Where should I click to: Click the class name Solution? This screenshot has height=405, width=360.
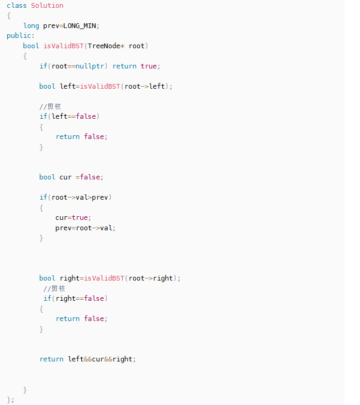(47, 6)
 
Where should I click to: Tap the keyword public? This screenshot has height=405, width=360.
(19, 35)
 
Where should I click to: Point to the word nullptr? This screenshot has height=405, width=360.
(92, 66)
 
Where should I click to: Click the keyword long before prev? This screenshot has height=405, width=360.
(31, 25)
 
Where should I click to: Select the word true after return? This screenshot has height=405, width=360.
(149, 66)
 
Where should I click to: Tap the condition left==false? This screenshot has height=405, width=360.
(74, 116)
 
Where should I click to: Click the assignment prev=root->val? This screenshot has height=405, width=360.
(85, 228)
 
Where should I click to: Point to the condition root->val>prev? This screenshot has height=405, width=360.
(82, 197)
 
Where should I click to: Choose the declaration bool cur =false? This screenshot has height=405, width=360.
(71, 177)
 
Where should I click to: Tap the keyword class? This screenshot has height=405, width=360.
(17, 6)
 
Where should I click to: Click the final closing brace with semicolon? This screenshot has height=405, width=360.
(11, 399)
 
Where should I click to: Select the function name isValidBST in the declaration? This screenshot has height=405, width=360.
(63, 46)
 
